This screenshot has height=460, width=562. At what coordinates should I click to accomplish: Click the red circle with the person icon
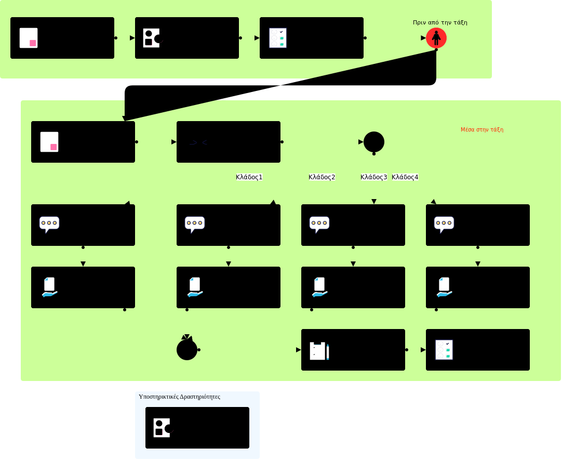pyautogui.click(x=436, y=38)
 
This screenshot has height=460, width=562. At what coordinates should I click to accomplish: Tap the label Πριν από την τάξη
pyautogui.click(x=440, y=22)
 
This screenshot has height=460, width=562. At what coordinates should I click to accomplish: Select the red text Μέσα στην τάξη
pyautogui.click(x=481, y=129)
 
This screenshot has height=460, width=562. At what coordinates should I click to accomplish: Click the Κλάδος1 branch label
pyautogui.click(x=249, y=177)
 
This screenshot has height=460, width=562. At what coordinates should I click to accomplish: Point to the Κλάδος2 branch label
pyautogui.click(x=322, y=177)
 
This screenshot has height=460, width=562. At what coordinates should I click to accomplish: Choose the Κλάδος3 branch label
pyautogui.click(x=374, y=177)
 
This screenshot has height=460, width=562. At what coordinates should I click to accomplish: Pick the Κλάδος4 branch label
pyautogui.click(x=405, y=177)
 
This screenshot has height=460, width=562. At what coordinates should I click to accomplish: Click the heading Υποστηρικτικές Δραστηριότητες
pyautogui.click(x=180, y=397)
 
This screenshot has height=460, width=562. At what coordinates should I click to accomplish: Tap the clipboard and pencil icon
pyautogui.click(x=319, y=351)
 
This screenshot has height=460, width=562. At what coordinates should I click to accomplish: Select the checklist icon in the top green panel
pyautogui.click(x=278, y=38)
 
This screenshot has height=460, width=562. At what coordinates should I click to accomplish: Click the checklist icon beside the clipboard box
pyautogui.click(x=444, y=350)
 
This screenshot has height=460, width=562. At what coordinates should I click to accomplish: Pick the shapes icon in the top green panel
pyautogui.click(x=153, y=38)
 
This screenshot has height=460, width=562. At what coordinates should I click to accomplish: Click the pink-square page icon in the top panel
pyautogui.click(x=29, y=38)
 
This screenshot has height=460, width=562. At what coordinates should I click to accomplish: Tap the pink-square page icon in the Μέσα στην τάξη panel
pyautogui.click(x=49, y=142)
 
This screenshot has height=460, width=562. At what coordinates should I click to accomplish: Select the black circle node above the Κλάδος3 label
pyautogui.click(x=374, y=142)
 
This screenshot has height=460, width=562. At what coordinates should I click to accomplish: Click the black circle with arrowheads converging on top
pyautogui.click(x=187, y=350)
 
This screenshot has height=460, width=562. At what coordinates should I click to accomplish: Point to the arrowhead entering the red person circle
pyautogui.click(x=423, y=38)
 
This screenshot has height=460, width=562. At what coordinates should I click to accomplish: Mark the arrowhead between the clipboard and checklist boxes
pyautogui.click(x=423, y=350)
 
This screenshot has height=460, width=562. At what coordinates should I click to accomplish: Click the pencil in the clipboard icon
pyautogui.click(x=328, y=352)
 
